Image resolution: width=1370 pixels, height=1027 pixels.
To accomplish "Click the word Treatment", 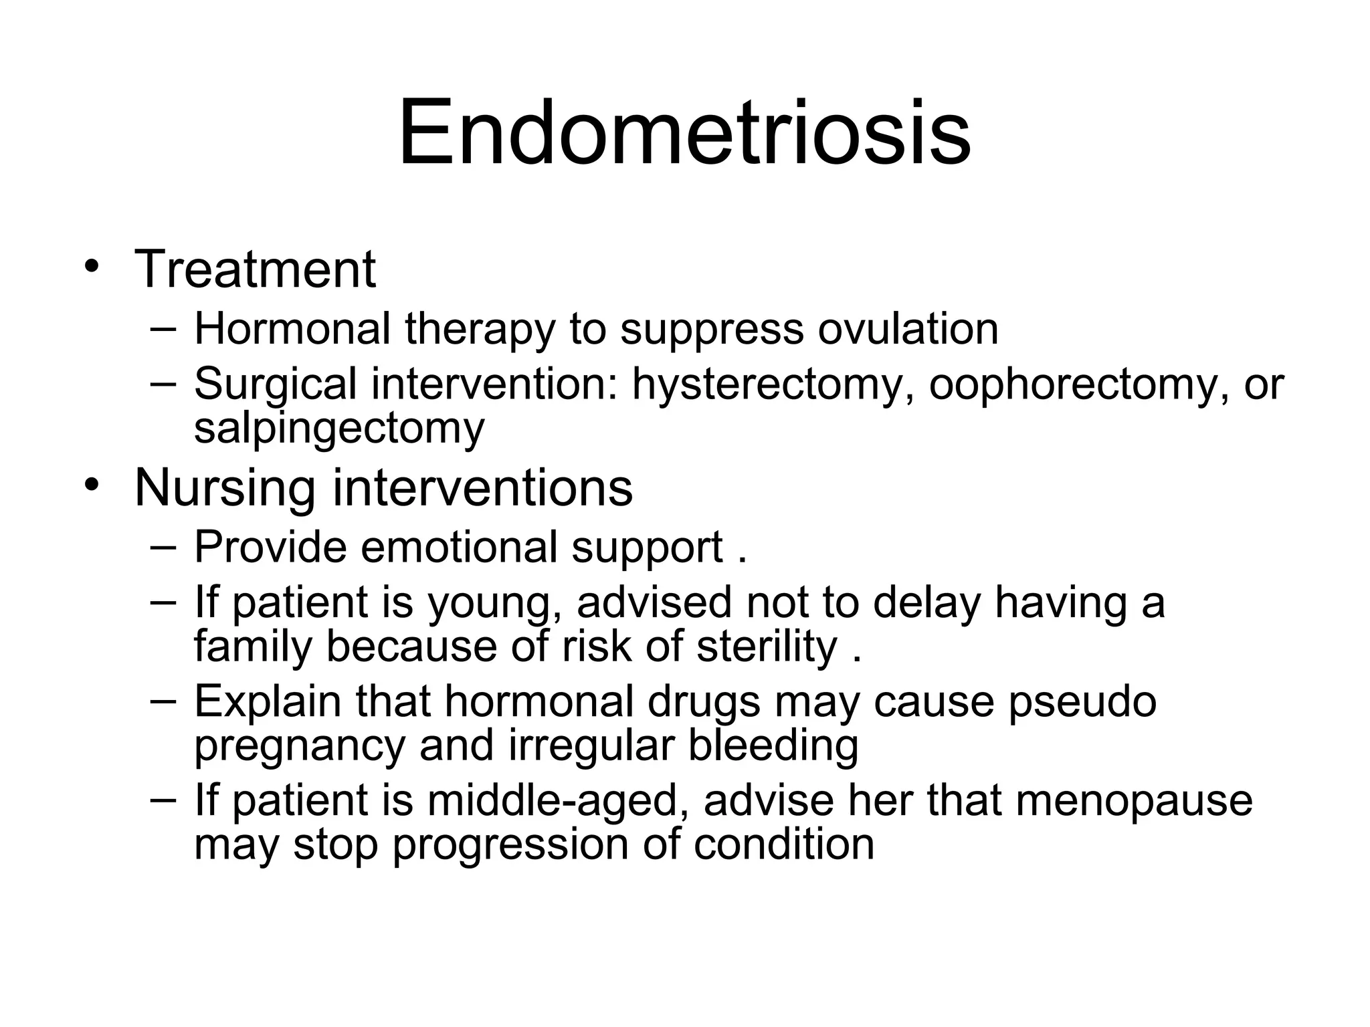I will coord(255,269).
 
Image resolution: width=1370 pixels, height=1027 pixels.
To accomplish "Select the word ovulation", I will coord(908,329).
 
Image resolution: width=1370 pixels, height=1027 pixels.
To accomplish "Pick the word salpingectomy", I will coord(339,428).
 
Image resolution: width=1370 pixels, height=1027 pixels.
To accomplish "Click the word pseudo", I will coord(1082,702).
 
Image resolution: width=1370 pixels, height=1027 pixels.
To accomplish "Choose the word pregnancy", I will coord(300,746).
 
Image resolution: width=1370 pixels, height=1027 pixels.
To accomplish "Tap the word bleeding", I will coord(773,745).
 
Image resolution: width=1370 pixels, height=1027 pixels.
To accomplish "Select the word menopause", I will coord(1134,801).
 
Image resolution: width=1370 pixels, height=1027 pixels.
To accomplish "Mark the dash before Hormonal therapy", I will coord(163,329).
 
